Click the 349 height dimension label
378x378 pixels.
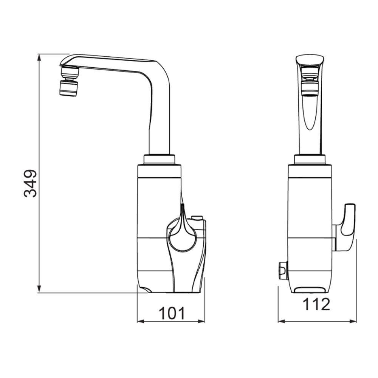click(31, 183)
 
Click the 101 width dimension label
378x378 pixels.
click(172, 313)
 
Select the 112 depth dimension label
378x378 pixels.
click(316, 304)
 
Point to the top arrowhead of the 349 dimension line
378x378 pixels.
click(39, 57)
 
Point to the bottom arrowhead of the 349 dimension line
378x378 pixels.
click(39, 289)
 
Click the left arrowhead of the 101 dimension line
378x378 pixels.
click(141, 321)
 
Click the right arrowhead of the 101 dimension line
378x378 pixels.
click(201, 321)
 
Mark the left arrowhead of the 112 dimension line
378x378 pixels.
click(282, 321)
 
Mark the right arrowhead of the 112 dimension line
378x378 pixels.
click(353, 321)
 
